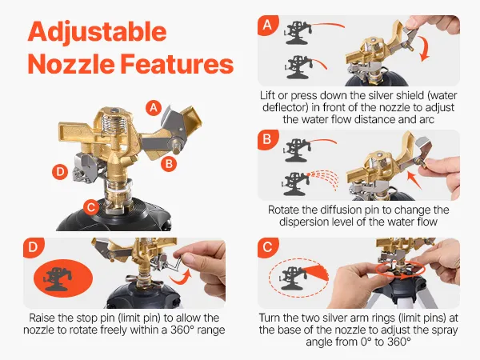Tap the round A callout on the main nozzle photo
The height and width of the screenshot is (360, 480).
pos(154,108)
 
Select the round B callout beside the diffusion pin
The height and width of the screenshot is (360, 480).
pos(169,164)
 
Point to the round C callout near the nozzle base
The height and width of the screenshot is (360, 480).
pos(91,207)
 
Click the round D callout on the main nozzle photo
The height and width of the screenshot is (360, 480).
pos(60,172)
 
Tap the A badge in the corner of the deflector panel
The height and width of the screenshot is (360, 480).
pos(267,25)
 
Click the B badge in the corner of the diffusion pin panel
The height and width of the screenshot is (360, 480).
pos(267,139)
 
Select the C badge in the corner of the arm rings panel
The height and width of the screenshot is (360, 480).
pos(267,246)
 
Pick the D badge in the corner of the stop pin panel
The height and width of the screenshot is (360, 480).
pos(33,246)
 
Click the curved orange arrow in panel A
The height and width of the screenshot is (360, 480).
pos(426,49)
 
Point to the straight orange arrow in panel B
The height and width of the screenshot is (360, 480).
pos(414,180)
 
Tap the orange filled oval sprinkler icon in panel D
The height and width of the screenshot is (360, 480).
pos(63,278)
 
